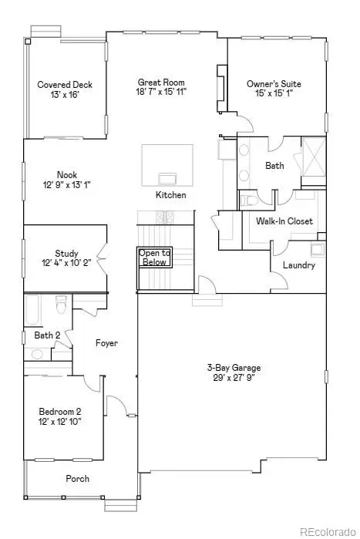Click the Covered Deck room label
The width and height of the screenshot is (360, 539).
point(66,85)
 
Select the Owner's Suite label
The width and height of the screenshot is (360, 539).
point(274,84)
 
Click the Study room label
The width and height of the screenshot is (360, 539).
point(66,254)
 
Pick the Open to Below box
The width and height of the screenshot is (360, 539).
point(154,258)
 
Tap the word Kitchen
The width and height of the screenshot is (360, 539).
point(171,195)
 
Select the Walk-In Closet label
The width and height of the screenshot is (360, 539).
point(284,221)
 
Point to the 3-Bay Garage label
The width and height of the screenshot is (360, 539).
point(231,367)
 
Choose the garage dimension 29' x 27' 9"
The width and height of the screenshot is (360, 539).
point(231,378)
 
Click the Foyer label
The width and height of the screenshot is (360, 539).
point(106,343)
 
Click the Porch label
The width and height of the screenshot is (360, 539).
point(77,479)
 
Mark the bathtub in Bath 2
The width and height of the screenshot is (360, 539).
point(32,311)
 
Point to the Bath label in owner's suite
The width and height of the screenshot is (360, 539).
point(274,166)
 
